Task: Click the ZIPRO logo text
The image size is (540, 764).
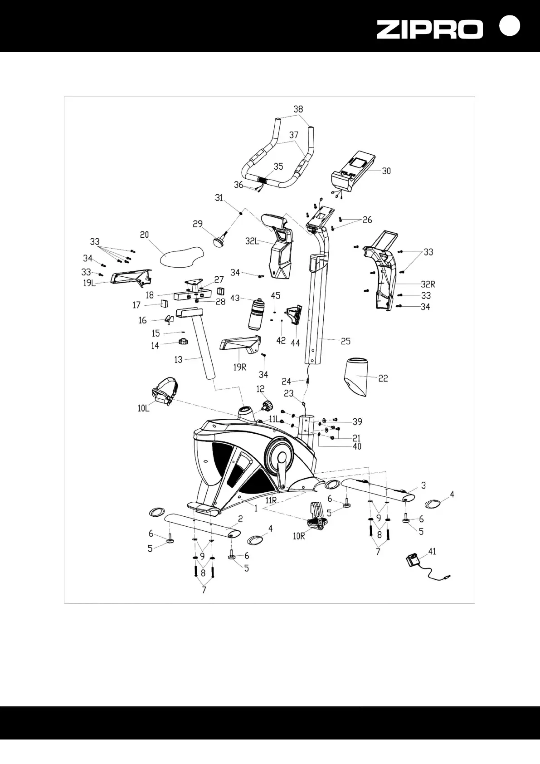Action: (429, 30)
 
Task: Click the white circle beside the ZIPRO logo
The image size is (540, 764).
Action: (509, 26)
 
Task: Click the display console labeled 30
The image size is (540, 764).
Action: (356, 171)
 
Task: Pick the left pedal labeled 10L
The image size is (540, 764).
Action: (164, 391)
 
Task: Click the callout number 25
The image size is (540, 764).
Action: (345, 341)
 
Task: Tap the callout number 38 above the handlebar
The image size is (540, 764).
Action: (298, 109)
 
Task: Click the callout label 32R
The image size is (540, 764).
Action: (428, 284)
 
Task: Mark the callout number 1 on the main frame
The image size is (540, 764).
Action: (256, 509)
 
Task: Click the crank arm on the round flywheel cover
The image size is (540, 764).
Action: (282, 472)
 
